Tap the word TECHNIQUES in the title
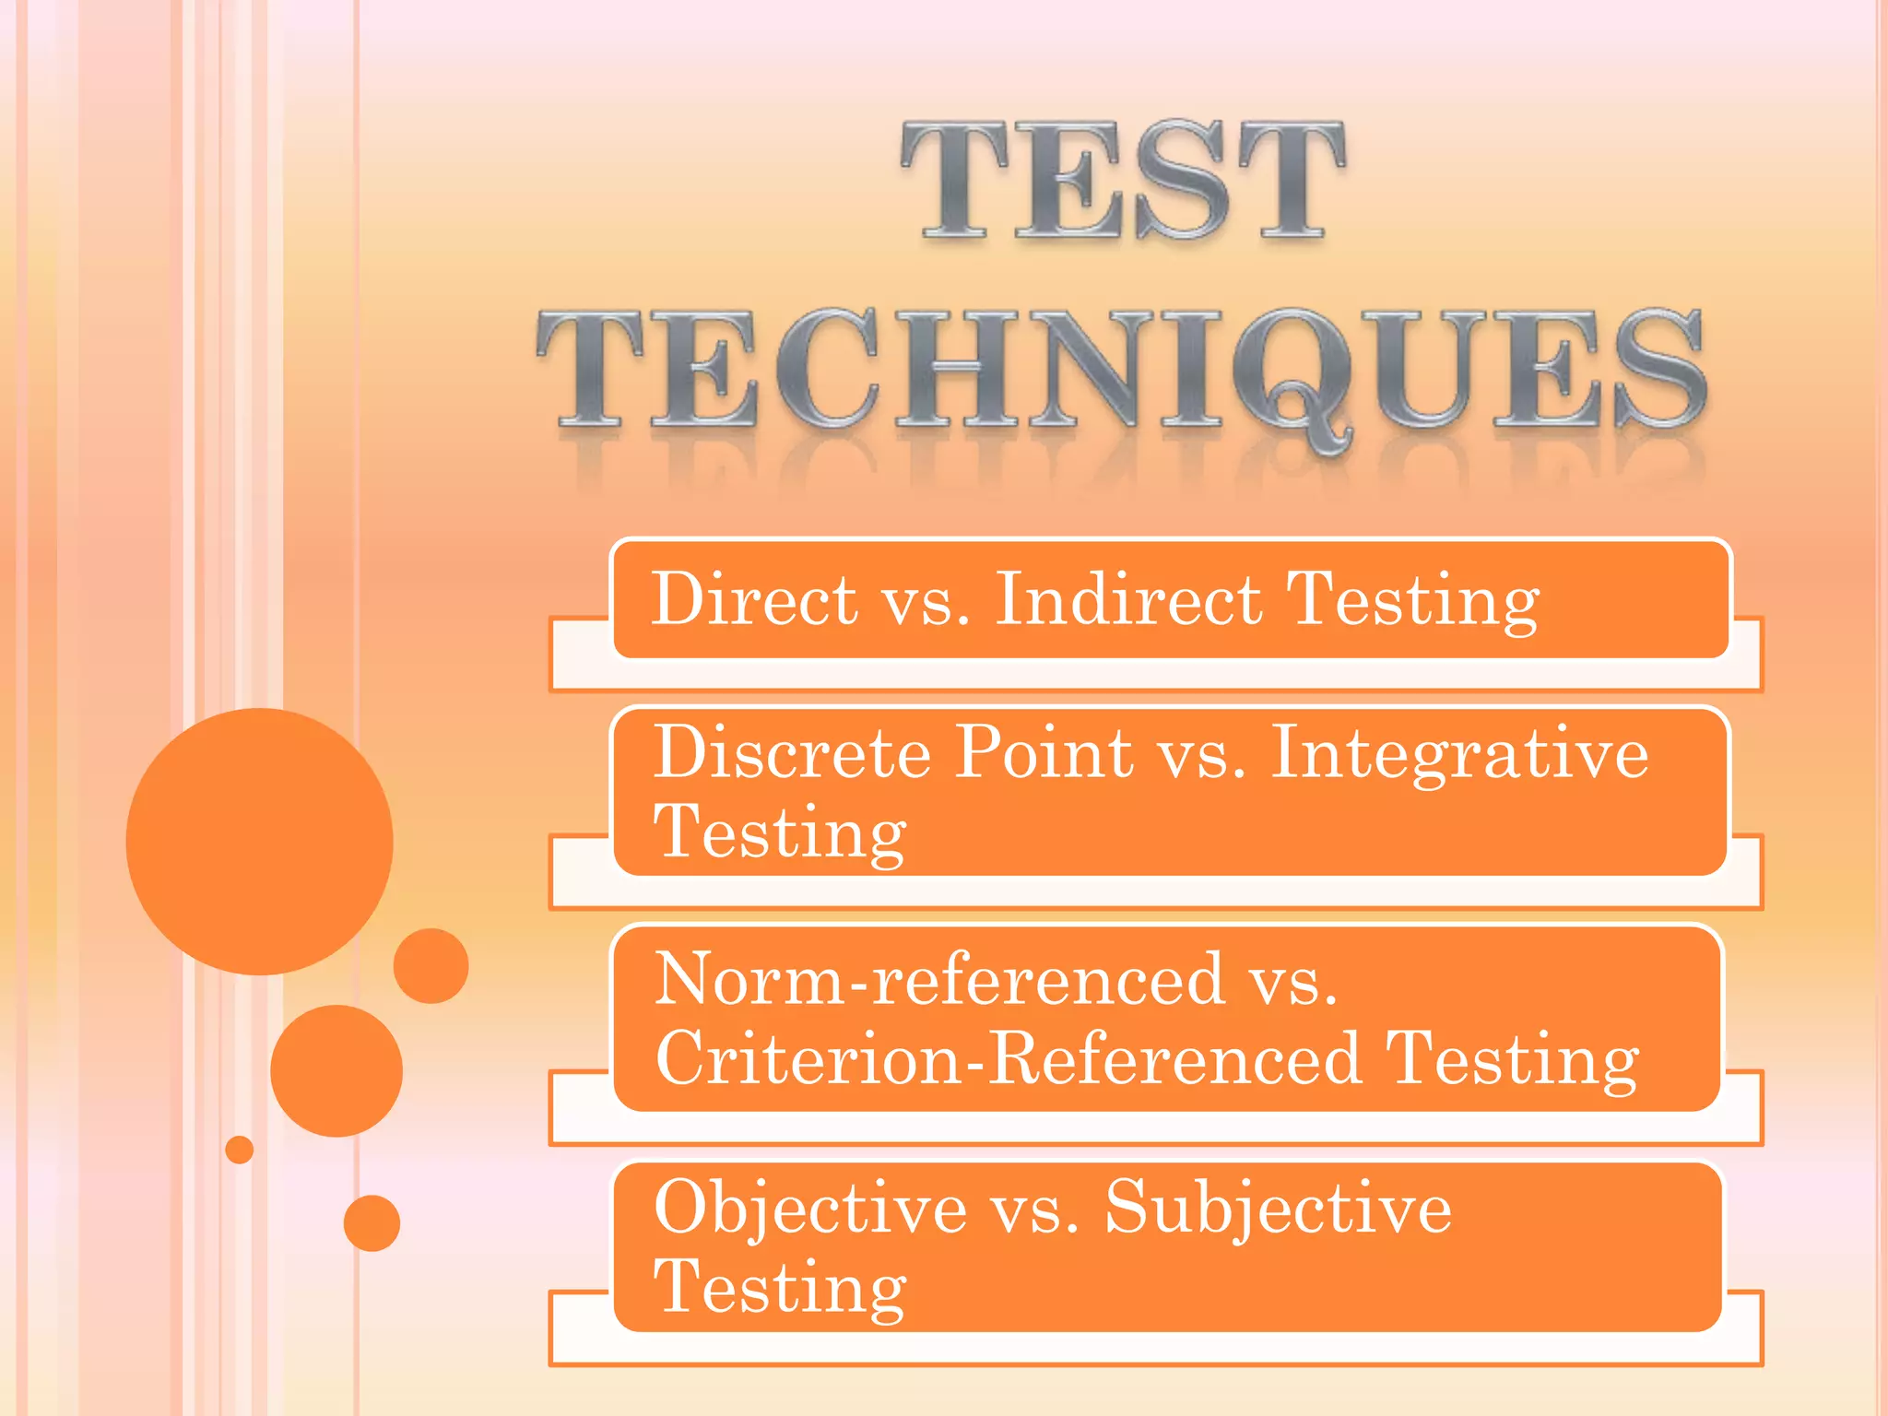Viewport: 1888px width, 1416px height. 1122,371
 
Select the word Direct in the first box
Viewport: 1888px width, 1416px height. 754,599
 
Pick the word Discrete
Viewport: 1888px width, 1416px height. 793,753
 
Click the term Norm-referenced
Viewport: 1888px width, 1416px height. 938,979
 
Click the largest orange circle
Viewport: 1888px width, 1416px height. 259,841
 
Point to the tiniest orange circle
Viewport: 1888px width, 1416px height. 240,1150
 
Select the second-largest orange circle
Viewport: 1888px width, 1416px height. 336,1070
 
